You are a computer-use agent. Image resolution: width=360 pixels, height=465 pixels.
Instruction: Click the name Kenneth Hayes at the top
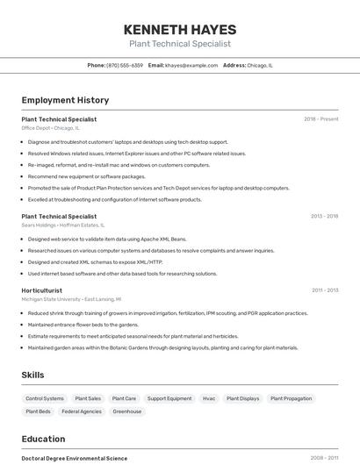pyautogui.click(x=179, y=29)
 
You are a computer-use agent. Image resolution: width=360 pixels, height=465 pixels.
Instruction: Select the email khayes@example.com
pyautogui.click(x=191, y=65)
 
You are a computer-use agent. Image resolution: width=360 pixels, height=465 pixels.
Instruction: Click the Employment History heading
pyautogui.click(x=65, y=100)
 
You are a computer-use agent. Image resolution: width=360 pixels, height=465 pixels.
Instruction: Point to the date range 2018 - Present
pyautogui.click(x=320, y=119)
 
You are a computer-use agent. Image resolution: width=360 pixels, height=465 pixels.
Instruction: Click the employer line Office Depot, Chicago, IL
pyautogui.click(x=50, y=128)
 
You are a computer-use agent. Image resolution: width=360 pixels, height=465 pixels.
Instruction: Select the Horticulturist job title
pyautogui.click(x=41, y=290)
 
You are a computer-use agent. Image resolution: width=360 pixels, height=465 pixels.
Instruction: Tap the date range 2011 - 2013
pyautogui.click(x=325, y=290)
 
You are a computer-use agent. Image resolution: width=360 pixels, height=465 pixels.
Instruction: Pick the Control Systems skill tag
pyautogui.click(x=45, y=398)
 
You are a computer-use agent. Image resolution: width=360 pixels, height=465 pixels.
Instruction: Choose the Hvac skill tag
pyautogui.click(x=209, y=398)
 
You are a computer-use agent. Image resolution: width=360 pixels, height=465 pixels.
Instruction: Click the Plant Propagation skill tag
pyautogui.click(x=291, y=398)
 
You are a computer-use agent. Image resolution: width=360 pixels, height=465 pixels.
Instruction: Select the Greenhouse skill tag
pyautogui.click(x=126, y=411)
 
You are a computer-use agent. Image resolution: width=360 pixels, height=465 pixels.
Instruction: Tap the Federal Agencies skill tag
pyautogui.click(x=82, y=411)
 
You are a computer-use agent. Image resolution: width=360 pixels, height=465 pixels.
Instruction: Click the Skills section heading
pyautogui.click(x=32, y=375)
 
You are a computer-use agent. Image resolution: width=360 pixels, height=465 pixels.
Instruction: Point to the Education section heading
pyautogui.click(x=43, y=439)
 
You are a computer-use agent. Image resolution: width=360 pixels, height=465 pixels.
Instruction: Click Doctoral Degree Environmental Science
pyautogui.click(x=74, y=458)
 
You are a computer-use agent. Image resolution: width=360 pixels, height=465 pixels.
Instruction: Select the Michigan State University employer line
pyautogui.click(x=71, y=299)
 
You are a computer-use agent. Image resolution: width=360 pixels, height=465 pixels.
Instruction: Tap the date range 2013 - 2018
pyautogui.click(x=324, y=216)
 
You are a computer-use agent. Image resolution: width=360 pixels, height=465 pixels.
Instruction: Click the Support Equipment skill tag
pyautogui.click(x=169, y=398)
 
